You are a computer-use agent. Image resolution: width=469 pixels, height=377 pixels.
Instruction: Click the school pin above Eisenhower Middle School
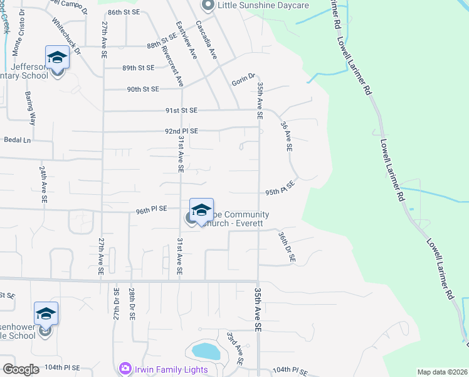pos(46,314)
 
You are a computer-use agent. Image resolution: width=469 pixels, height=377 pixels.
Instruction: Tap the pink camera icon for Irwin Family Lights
pos(125,368)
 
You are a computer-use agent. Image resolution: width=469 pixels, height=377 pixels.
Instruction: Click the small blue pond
pos(206,351)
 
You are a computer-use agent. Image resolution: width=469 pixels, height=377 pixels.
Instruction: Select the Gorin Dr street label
pos(243,79)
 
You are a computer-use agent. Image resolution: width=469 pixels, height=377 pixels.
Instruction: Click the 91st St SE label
pos(181,111)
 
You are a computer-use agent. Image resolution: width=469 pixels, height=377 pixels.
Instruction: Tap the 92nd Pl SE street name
pos(181,131)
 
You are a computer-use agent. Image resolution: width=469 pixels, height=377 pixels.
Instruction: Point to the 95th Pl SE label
pos(280,188)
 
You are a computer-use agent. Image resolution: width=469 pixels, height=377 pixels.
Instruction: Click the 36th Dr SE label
pos(287,247)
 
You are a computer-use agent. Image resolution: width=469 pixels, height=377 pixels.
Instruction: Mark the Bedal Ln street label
pos(17,139)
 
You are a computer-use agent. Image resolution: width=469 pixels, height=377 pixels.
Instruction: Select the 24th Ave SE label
pos(43,184)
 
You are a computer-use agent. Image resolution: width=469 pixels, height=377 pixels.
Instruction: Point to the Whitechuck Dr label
pos(66,39)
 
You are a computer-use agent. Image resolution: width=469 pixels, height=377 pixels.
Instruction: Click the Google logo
pos(21,369)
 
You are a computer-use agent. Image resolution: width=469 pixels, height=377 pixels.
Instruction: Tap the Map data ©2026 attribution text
pos(442,372)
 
